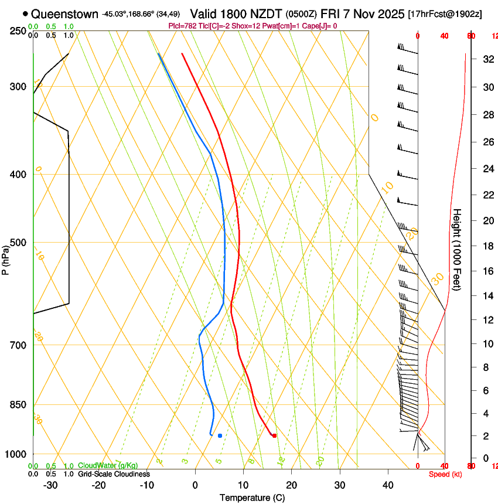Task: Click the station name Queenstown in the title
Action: (x=64, y=13)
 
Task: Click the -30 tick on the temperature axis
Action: (x=50, y=485)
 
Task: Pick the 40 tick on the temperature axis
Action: (x=388, y=485)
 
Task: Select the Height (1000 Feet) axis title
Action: (x=457, y=249)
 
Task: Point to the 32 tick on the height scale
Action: (x=487, y=59)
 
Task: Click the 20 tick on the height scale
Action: (x=487, y=220)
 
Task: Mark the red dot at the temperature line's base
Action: (x=274, y=435)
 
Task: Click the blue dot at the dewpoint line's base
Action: (x=220, y=435)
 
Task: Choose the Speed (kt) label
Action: (x=445, y=474)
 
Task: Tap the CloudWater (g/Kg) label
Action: (x=108, y=466)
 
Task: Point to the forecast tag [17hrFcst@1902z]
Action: (x=445, y=14)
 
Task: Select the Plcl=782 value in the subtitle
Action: (x=181, y=26)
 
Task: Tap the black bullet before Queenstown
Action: (x=25, y=13)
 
